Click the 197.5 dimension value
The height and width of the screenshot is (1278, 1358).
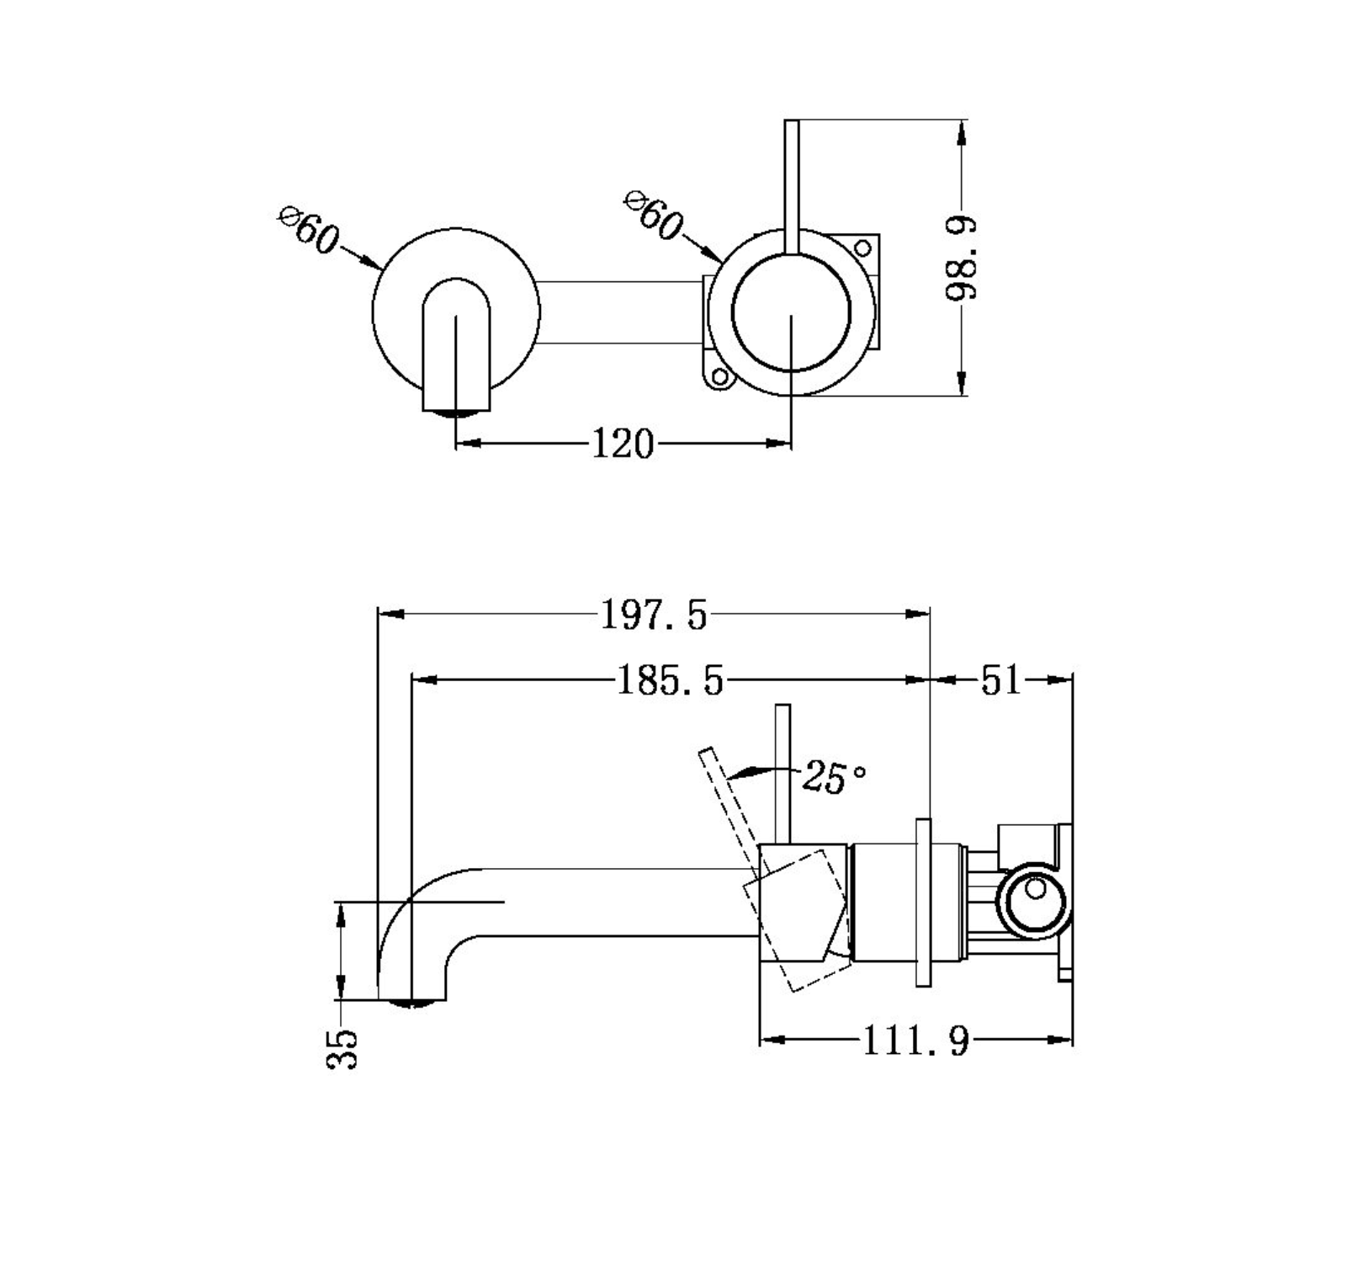coord(654,615)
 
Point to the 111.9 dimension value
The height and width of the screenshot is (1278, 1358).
coord(915,1042)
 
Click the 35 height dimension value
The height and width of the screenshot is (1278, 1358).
coord(342,1047)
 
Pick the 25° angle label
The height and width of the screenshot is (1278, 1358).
coord(833,776)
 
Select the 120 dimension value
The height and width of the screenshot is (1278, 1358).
coord(623,444)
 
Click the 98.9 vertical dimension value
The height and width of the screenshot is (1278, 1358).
coord(961,258)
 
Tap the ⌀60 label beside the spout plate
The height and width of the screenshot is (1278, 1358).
coord(308,228)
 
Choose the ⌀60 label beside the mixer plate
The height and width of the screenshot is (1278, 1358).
coord(653,216)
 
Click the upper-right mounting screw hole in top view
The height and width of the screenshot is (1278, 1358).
coord(862,248)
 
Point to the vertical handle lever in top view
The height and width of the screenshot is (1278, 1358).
coord(791,185)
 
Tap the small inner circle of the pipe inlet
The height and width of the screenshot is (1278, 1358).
coord(1036,889)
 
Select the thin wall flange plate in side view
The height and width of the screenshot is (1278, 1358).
coord(923,902)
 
